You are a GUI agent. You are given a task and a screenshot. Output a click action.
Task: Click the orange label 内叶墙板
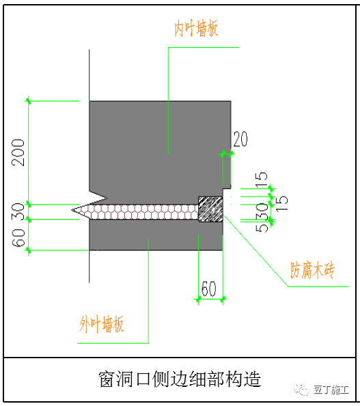(x=196, y=28)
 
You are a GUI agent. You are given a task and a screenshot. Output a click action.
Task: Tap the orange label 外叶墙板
(x=102, y=324)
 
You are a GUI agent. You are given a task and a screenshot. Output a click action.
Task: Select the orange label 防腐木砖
(x=312, y=270)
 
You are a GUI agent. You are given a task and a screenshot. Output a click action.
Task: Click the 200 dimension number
(x=18, y=153)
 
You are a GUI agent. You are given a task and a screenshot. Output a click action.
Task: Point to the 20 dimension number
(x=240, y=139)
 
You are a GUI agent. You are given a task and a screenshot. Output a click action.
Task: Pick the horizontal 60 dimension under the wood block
(x=208, y=289)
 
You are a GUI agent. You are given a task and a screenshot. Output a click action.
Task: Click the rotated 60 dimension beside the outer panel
(x=18, y=238)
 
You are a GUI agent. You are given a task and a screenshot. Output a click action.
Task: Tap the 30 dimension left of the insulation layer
(x=18, y=211)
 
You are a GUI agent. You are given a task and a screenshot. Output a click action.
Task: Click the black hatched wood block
(x=210, y=209)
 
